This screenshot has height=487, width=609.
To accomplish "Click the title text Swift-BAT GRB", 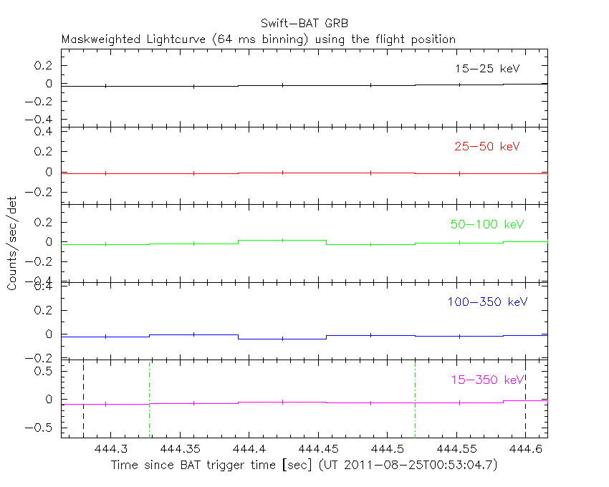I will click(304, 24).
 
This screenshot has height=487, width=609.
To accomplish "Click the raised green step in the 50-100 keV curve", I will click(282, 240).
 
